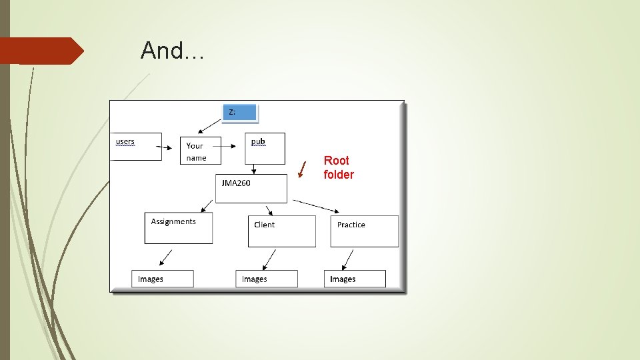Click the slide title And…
[x=172, y=51]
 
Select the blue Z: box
[x=239, y=113]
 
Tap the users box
[x=136, y=146]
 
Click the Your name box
[x=200, y=151]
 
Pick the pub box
[x=265, y=148]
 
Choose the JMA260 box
[x=251, y=188]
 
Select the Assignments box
[x=179, y=227]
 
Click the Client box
[x=281, y=231]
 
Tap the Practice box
[x=364, y=231]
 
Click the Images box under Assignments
[x=163, y=279]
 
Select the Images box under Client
[x=267, y=279]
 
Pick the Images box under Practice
[x=355, y=279]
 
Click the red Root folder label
[x=339, y=167]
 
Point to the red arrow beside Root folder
[x=302, y=169]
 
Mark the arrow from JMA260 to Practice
[x=317, y=205]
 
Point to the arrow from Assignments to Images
[x=165, y=257]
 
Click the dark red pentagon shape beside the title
[x=40, y=51]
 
